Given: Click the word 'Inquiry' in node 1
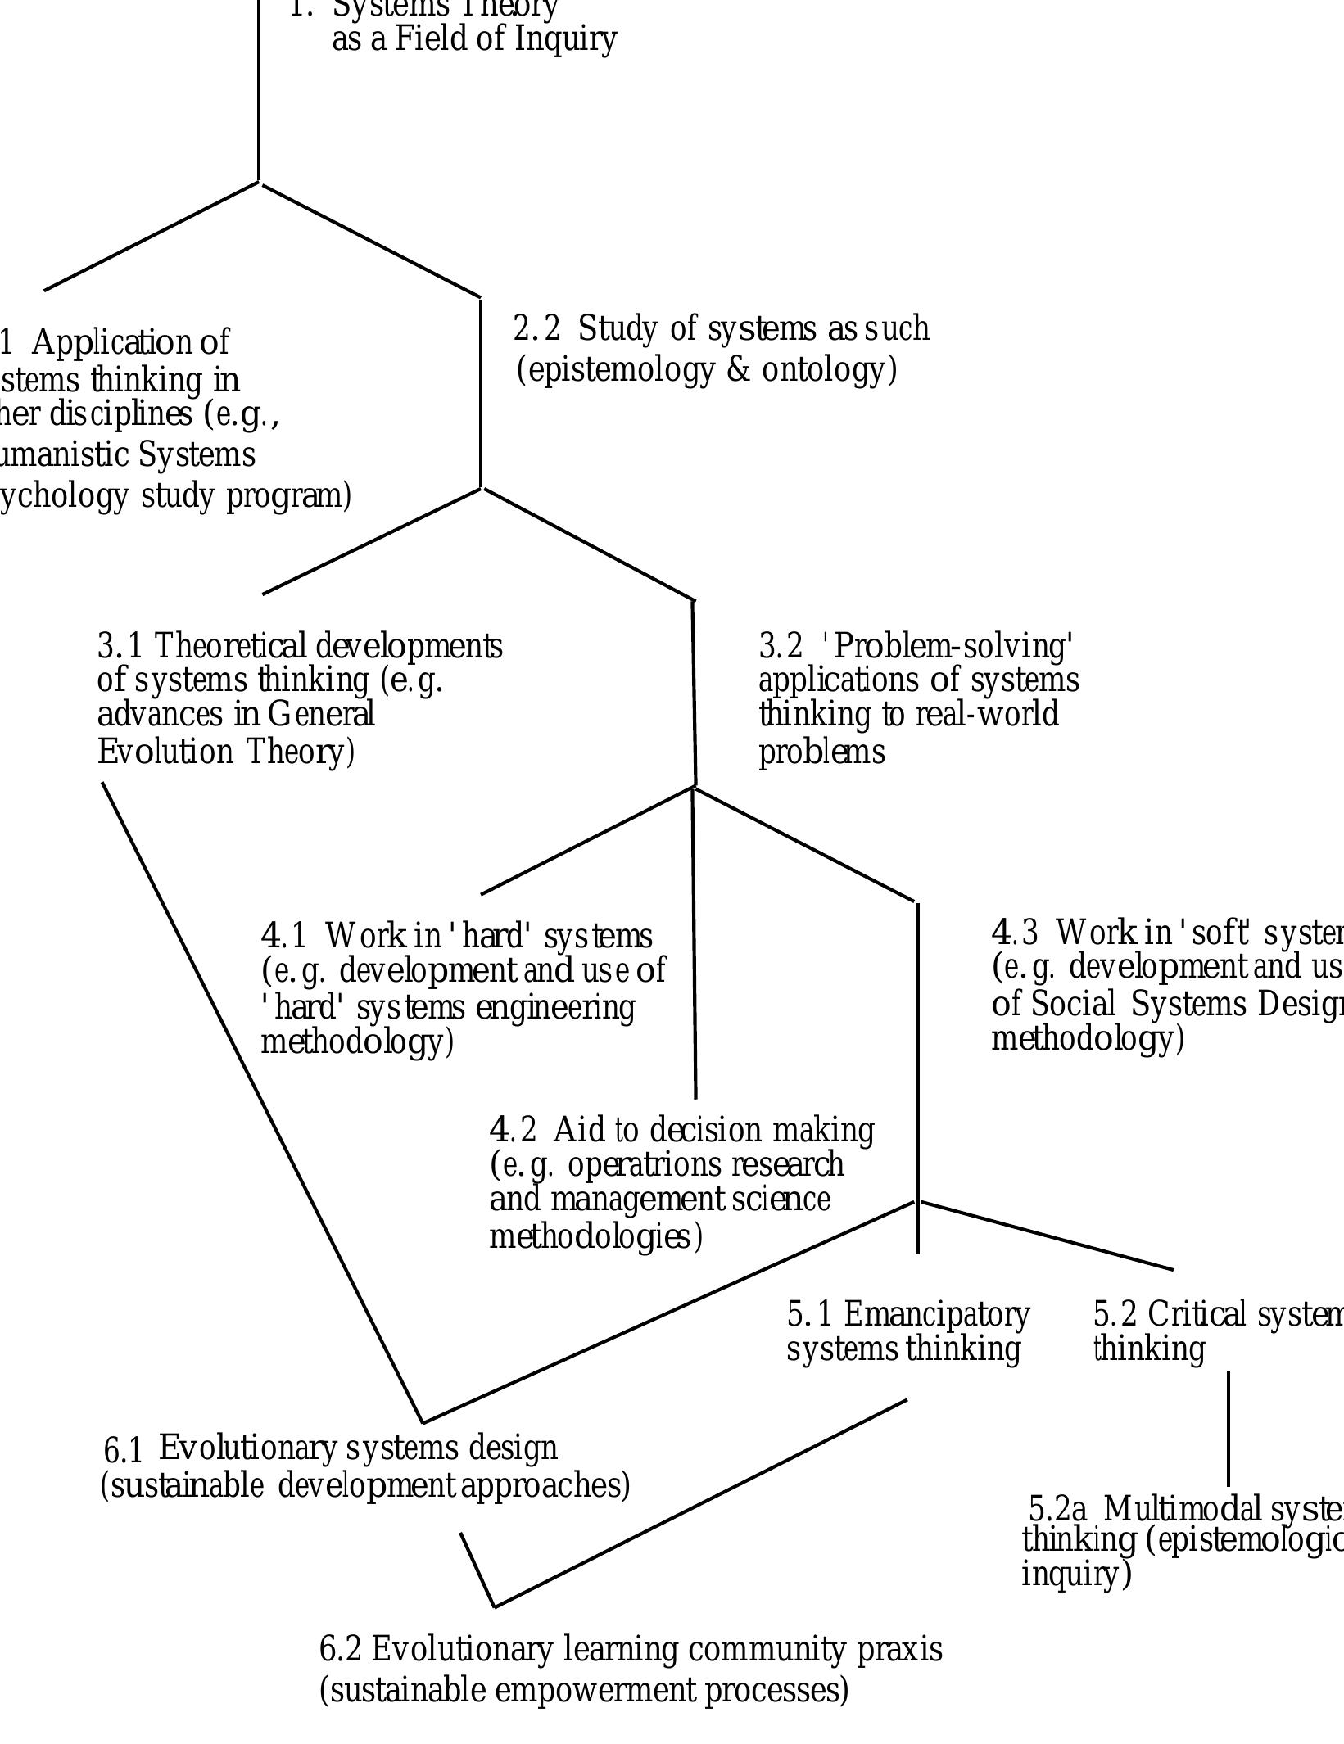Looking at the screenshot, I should click(565, 39).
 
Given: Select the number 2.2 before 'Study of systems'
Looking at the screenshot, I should click(536, 329).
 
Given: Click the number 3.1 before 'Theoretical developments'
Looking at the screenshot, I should click(120, 646).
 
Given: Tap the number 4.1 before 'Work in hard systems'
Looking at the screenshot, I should click(283, 935).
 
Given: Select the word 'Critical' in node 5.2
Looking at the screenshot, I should click(1196, 1314).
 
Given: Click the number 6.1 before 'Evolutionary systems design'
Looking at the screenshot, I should click(123, 1452).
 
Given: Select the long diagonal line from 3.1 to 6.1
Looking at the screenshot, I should click(262, 1103).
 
